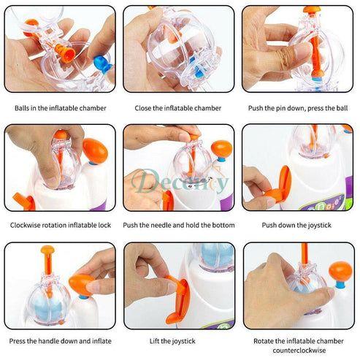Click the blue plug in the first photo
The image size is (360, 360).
point(103,64)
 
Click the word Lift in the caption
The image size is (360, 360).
point(155,341)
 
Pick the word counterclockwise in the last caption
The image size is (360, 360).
point(299,351)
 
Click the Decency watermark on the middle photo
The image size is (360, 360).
point(180,181)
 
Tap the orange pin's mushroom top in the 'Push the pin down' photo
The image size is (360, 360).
point(312,10)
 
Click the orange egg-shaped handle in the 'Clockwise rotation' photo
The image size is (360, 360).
point(95,150)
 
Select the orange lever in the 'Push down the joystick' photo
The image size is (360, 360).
point(280,184)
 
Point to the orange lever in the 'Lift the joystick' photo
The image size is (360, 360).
point(178,300)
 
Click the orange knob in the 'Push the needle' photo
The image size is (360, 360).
point(221,149)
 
